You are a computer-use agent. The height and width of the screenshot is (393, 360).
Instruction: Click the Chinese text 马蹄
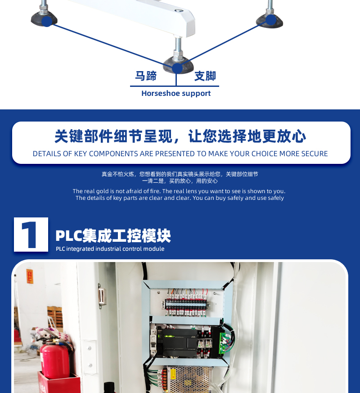pos(146,76)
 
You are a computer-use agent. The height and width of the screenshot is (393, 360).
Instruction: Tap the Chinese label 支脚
pos(205,76)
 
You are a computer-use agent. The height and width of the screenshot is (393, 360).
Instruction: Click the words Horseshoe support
pos(176,94)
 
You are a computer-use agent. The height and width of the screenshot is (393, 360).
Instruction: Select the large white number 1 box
pos(31,235)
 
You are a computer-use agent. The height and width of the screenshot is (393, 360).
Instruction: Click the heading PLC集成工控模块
pos(113,235)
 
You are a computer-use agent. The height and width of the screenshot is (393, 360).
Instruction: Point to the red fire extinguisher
pos(55,357)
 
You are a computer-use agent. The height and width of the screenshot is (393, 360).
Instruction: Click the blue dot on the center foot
pos(177,68)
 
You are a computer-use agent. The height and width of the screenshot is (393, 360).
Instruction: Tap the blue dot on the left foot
pos(47,21)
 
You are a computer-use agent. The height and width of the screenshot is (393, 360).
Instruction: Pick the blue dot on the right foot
pos(270,20)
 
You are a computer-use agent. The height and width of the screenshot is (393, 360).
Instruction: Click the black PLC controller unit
pos(180,343)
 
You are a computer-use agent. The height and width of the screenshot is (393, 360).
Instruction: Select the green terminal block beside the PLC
pos(222,343)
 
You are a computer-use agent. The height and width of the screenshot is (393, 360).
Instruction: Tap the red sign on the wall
pos(30,276)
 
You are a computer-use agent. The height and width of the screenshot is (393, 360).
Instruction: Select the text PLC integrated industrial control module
pos(110,249)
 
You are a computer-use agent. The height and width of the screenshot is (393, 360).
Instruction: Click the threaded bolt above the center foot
pos(178,47)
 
